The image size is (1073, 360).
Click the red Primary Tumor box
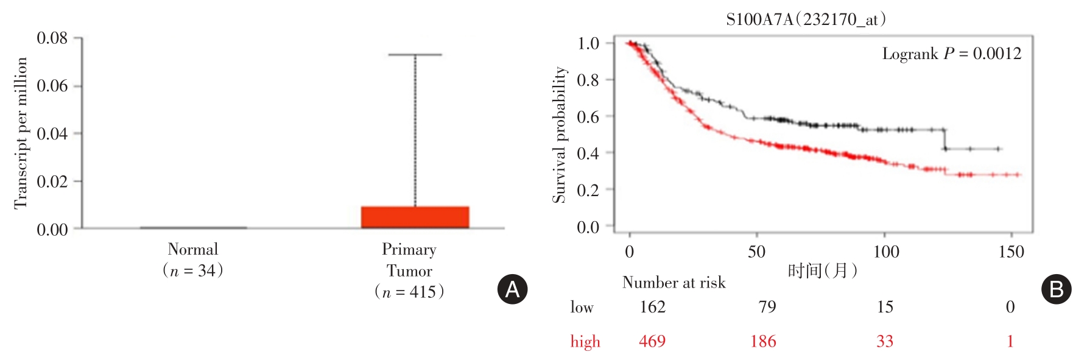coord(415,217)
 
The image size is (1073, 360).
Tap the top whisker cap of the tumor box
coord(415,55)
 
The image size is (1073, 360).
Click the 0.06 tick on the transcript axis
coord(52,86)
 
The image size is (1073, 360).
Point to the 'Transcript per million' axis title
coord(21,133)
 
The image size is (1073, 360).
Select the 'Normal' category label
coord(192,249)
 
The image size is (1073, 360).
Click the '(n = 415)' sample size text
coord(409,292)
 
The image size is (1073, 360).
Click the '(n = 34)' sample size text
coord(192,270)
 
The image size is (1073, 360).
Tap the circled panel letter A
coord(512,289)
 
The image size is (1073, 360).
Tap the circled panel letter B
coord(1055,289)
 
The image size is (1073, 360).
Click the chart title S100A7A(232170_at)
coord(806,19)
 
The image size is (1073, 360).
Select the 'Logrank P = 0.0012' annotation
coord(951,54)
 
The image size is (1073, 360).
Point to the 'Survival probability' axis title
coord(559,135)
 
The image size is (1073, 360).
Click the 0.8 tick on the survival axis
coord(588,80)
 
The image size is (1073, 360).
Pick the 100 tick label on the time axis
coord(885,252)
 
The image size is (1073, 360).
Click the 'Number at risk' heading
coord(674,283)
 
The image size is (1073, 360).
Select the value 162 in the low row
coord(652,306)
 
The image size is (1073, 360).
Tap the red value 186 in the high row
coord(763,341)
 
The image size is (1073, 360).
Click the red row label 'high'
coord(585,342)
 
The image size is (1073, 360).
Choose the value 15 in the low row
coord(885,306)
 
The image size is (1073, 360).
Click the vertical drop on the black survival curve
coord(945,139)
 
